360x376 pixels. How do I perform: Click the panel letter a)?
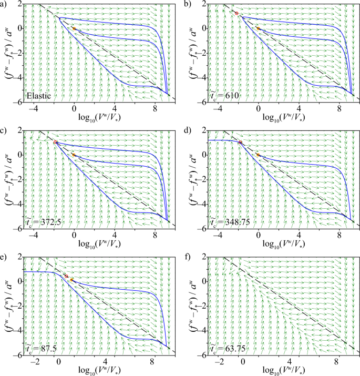tap(4, 4)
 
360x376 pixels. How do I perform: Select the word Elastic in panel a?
tap(39, 96)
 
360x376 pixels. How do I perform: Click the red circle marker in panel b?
tap(236, 13)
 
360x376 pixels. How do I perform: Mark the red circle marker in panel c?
tap(55, 142)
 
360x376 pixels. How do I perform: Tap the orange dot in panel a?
tap(74, 28)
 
